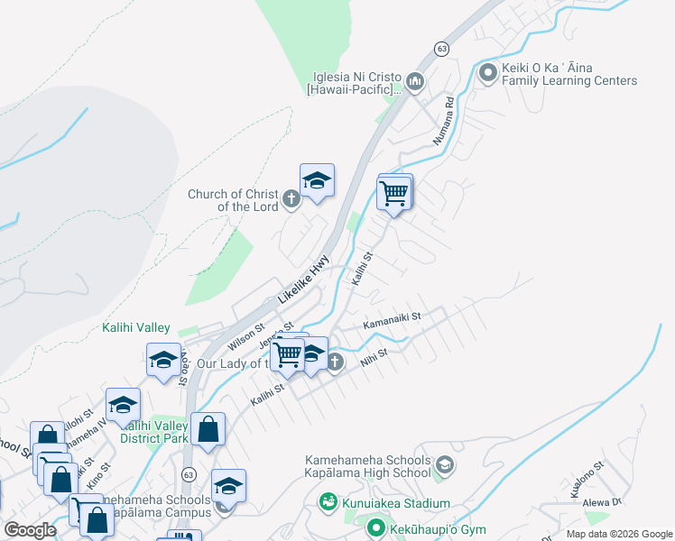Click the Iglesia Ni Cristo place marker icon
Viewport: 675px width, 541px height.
coord(415,82)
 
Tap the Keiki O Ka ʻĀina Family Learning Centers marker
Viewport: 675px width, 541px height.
coord(488,72)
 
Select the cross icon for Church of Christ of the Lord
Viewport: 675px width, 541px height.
coord(291,199)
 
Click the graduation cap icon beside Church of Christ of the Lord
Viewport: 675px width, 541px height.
coord(317,181)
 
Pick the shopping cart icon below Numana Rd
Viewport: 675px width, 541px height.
coord(394,193)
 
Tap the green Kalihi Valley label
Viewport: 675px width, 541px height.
coord(135,327)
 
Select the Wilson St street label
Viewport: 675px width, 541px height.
coord(245,338)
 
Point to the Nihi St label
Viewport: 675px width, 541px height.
coord(374,358)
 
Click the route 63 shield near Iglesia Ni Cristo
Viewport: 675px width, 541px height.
coord(440,47)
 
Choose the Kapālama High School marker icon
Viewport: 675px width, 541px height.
coord(443,465)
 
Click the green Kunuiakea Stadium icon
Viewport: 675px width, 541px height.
coord(328,501)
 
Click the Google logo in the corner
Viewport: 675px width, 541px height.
coord(30,530)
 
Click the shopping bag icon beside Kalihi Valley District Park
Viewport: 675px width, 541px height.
coord(208,430)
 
